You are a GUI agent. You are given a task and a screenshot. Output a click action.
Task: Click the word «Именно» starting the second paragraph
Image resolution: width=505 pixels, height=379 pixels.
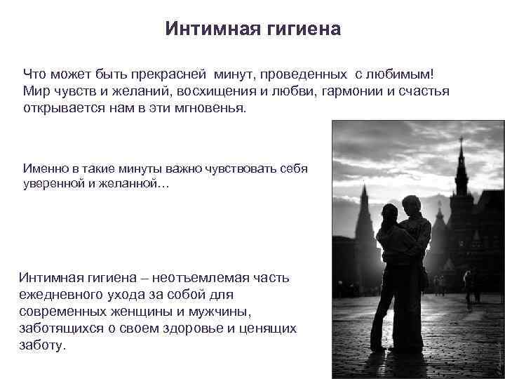click(x=46, y=169)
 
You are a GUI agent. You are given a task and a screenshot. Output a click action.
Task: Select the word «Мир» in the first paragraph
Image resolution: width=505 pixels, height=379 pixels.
click(x=34, y=92)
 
